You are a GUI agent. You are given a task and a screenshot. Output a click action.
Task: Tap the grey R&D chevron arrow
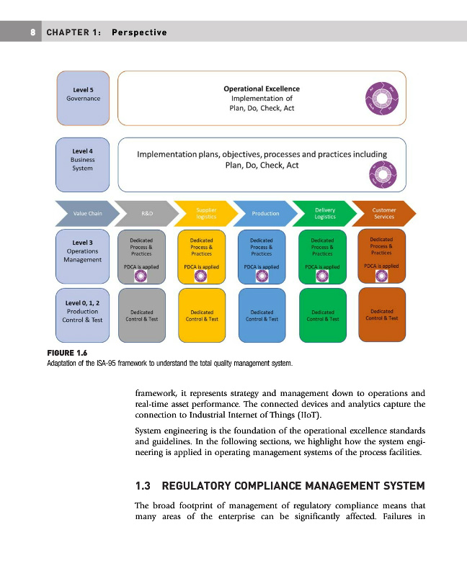click(146, 213)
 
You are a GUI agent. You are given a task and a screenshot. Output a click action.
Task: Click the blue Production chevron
click(264, 213)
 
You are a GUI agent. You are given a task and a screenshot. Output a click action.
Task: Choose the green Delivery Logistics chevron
click(324, 213)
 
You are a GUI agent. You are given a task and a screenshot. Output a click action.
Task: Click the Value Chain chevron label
click(85, 213)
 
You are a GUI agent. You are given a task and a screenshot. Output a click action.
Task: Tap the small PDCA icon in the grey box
click(141, 278)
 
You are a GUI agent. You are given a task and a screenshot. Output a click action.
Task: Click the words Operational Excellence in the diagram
click(261, 89)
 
